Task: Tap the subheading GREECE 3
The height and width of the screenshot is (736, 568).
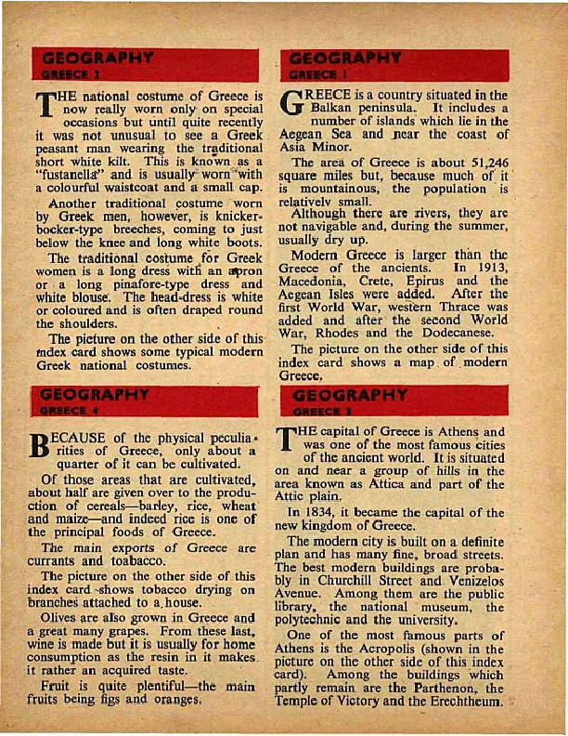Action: coord(316,410)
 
